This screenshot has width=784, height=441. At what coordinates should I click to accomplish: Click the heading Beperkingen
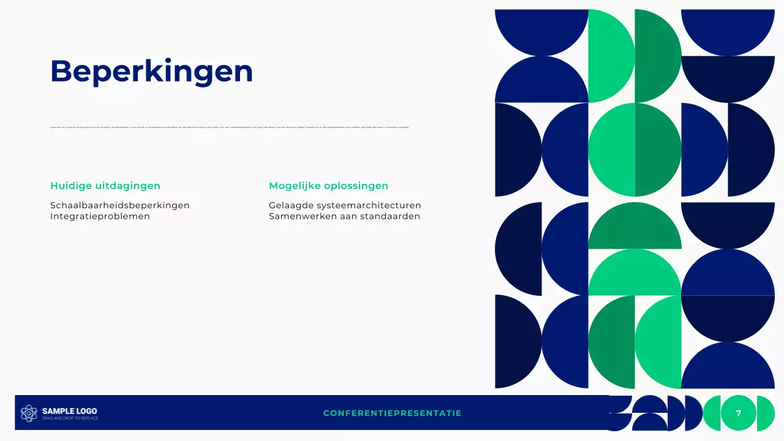tap(151, 71)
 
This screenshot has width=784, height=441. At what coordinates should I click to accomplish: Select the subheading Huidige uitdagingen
tap(105, 186)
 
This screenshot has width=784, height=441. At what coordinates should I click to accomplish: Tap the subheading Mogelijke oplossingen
tap(328, 186)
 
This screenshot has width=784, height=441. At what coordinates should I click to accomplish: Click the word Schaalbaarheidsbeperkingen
tap(120, 205)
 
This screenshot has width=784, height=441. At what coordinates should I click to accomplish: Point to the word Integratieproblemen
tap(100, 216)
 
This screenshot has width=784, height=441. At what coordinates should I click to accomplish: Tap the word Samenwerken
tap(298, 216)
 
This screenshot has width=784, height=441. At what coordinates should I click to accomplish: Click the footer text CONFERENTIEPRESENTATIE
tap(392, 413)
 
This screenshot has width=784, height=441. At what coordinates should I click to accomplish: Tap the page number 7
tap(739, 413)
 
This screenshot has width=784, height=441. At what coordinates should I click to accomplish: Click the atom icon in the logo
tap(29, 413)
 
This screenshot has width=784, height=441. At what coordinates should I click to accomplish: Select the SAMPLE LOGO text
tap(69, 411)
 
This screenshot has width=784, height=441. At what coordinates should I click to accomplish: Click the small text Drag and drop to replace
tap(70, 418)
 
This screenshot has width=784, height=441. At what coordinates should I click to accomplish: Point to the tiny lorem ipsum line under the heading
tap(229, 127)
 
